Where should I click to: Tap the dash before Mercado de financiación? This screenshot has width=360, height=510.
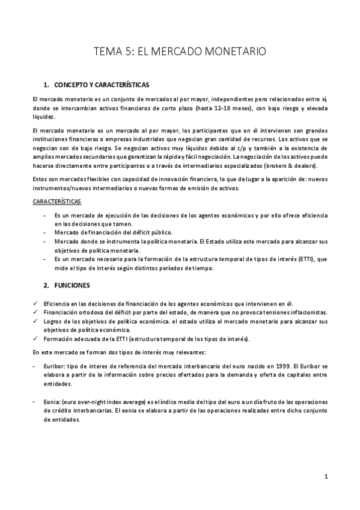click(45, 232)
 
